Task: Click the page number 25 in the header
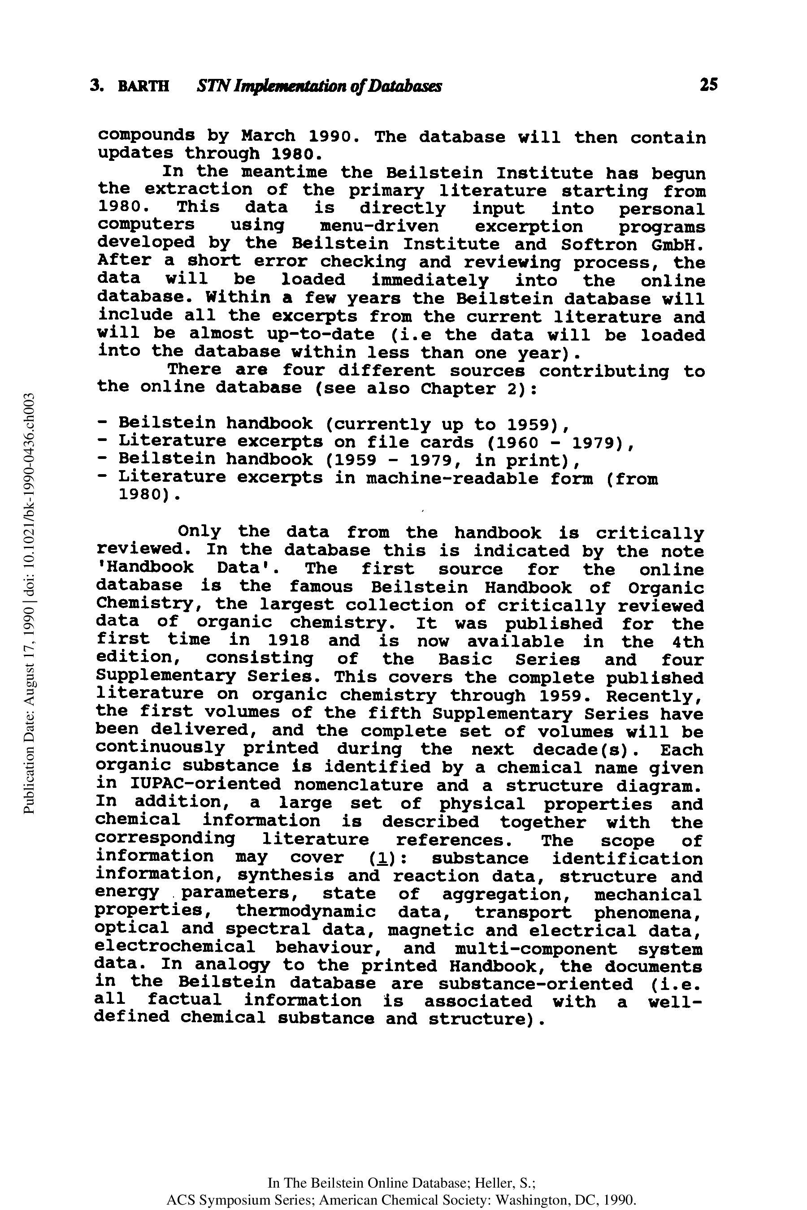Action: pyautogui.click(x=708, y=85)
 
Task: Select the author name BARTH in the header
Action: pyautogui.click(x=143, y=86)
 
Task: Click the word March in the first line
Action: pyautogui.click(x=268, y=136)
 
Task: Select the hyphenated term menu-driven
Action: pyautogui.click(x=379, y=226)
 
